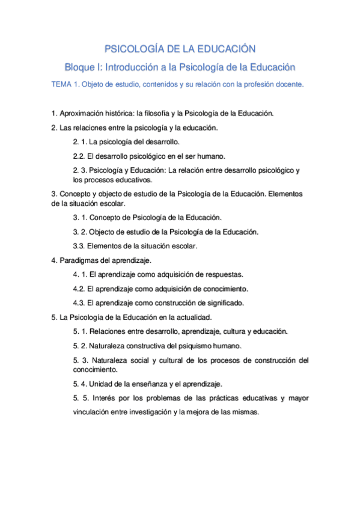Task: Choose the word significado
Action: pos(221,303)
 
